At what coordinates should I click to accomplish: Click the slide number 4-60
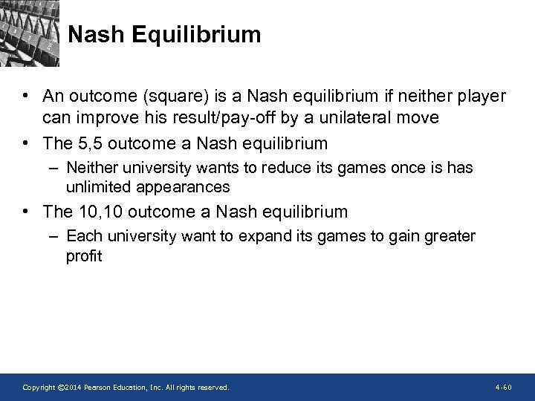point(503,388)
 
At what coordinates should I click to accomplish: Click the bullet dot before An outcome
point(27,97)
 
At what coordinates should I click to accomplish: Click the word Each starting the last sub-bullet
point(82,236)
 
